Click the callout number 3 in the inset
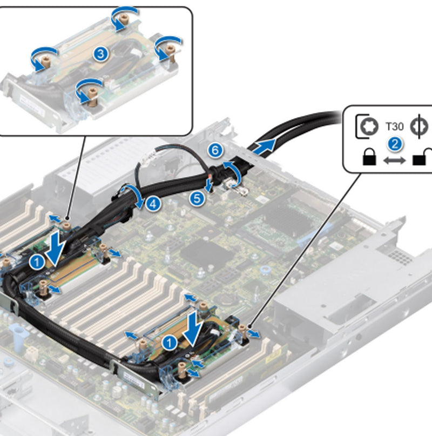pyautogui.click(x=101, y=53)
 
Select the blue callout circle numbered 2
pyautogui.click(x=395, y=143)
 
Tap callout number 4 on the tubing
pyautogui.click(x=153, y=204)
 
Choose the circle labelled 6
pyautogui.click(x=215, y=150)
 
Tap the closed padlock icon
pyautogui.click(x=369, y=158)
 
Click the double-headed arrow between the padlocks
pyautogui.click(x=395, y=160)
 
